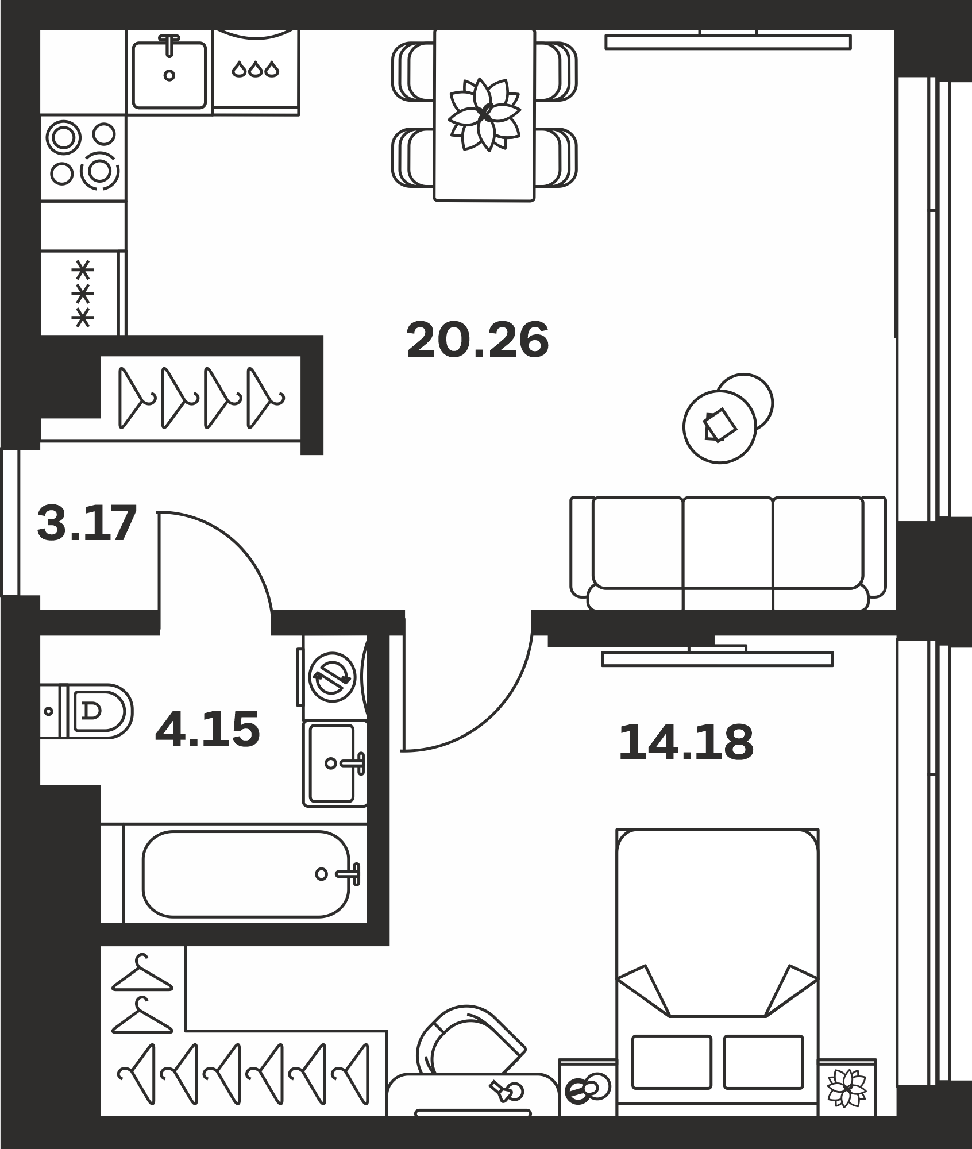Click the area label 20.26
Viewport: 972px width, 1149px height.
tap(477, 340)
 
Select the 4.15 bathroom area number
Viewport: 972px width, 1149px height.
tap(207, 729)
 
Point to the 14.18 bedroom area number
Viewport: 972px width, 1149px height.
tap(686, 743)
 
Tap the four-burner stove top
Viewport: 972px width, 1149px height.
tap(83, 157)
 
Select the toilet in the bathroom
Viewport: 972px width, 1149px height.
tap(86, 711)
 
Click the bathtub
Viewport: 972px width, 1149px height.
tap(245, 874)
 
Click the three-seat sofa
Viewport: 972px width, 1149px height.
tap(728, 553)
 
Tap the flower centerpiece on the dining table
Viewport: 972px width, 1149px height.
tap(484, 115)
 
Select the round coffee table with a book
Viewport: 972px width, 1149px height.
tap(720, 426)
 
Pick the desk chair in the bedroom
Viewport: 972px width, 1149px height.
tap(468, 1039)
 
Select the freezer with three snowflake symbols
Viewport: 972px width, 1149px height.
tap(83, 293)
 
